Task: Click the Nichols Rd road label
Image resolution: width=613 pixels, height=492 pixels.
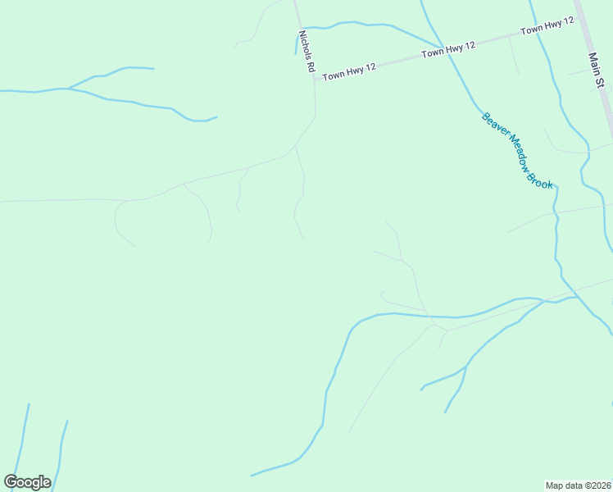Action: coord(306,53)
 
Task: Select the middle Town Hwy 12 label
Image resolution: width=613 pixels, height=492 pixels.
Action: coord(448,50)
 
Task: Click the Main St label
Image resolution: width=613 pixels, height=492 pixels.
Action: coord(596,71)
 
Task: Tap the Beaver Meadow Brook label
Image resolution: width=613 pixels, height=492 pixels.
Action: coord(518,150)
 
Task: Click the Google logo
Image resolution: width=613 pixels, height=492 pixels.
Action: coord(27,482)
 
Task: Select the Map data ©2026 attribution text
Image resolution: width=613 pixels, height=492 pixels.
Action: coord(579,485)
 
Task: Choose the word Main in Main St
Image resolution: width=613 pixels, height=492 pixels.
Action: coord(594,63)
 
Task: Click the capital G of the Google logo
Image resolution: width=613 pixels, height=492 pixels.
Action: coord(11,482)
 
